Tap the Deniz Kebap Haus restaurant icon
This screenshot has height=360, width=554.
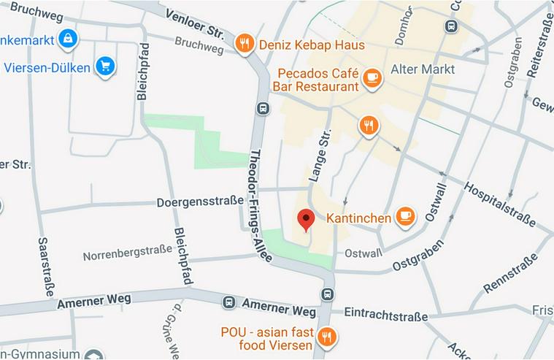(245, 44)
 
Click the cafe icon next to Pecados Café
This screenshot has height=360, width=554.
(372, 77)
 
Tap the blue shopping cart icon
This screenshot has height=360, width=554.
(106, 67)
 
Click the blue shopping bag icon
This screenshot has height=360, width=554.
(67, 38)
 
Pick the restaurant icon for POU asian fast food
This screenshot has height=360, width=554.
(327, 337)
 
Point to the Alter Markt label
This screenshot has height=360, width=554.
(423, 69)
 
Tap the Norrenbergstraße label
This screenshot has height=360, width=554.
(127, 256)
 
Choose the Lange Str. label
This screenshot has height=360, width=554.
(320, 155)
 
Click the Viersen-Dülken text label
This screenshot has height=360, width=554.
(47, 68)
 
